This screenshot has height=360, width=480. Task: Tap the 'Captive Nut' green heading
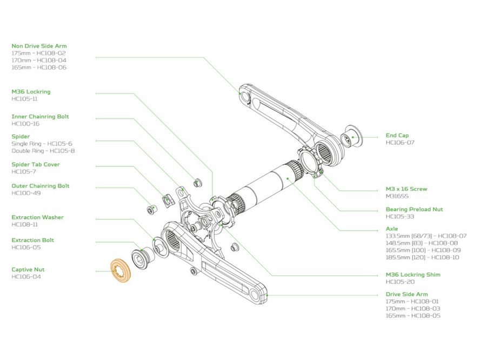(x=36, y=269)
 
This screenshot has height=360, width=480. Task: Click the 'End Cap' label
(x=397, y=135)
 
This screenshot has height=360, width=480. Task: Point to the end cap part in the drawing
(x=352, y=137)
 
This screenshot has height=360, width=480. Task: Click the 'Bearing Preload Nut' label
(x=414, y=209)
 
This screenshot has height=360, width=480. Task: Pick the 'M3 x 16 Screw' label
(x=406, y=189)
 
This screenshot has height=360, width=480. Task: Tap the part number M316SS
(x=397, y=196)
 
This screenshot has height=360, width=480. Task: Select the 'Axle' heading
(x=391, y=229)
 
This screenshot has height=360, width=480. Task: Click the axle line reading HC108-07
(x=426, y=236)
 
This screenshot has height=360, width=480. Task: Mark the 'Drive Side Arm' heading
(x=407, y=295)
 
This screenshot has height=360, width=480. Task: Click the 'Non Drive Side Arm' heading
(x=39, y=46)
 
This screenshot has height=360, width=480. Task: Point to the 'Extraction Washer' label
(x=37, y=217)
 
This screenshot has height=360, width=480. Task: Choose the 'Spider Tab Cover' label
(x=36, y=164)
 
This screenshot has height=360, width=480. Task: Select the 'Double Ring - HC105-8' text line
(x=43, y=151)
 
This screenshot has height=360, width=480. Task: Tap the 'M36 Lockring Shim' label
(x=413, y=275)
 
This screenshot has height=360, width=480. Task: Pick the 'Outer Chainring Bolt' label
(x=41, y=186)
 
